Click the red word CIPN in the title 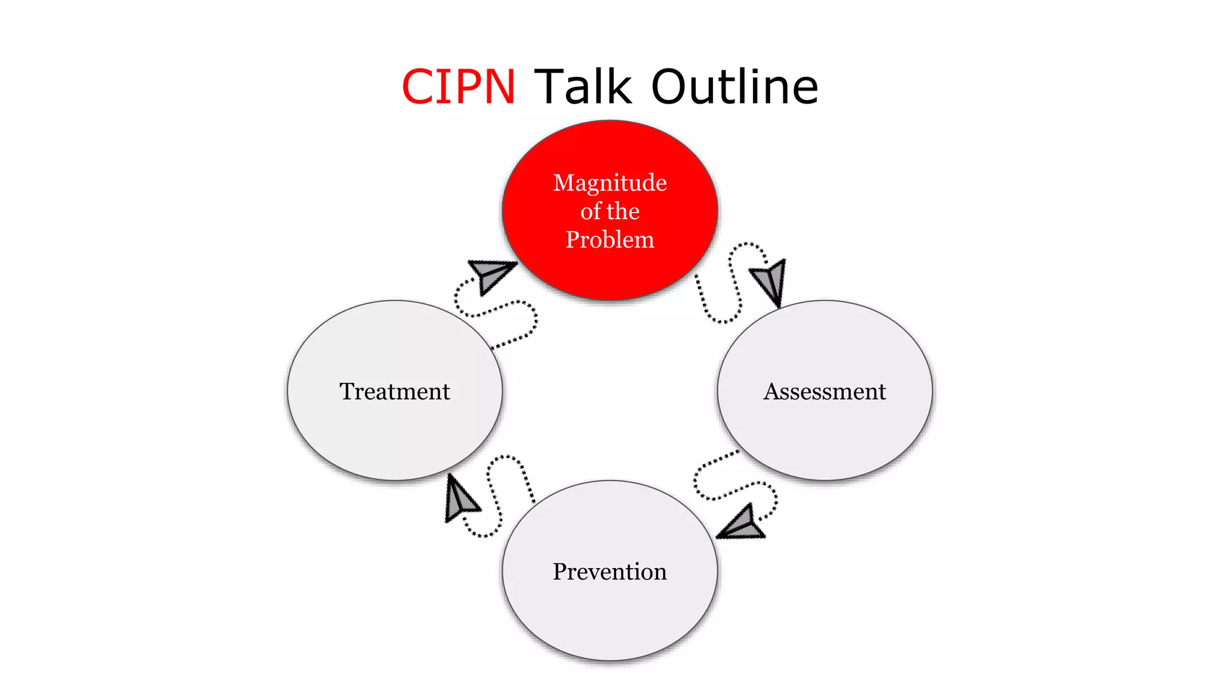click(x=458, y=87)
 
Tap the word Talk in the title click(x=582, y=87)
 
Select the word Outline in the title click(x=735, y=87)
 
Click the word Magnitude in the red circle click(x=610, y=182)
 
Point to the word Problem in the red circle click(x=610, y=239)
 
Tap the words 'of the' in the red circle click(x=610, y=211)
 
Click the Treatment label click(x=394, y=391)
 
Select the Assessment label click(x=825, y=391)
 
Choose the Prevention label click(x=610, y=572)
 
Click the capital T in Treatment click(x=347, y=391)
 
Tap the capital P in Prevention click(x=560, y=572)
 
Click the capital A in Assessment click(x=772, y=391)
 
